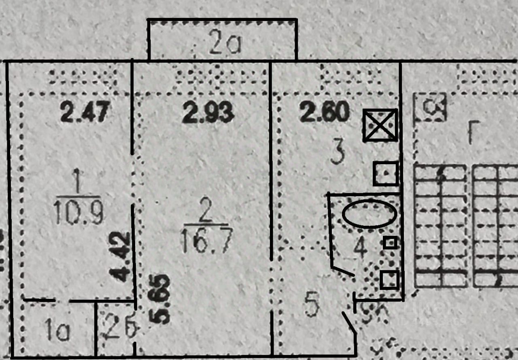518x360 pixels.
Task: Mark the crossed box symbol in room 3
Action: point(380,125)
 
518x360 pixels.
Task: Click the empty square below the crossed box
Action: point(386,174)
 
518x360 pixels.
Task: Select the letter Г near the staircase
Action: point(472,133)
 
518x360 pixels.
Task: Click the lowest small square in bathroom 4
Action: point(390,280)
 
